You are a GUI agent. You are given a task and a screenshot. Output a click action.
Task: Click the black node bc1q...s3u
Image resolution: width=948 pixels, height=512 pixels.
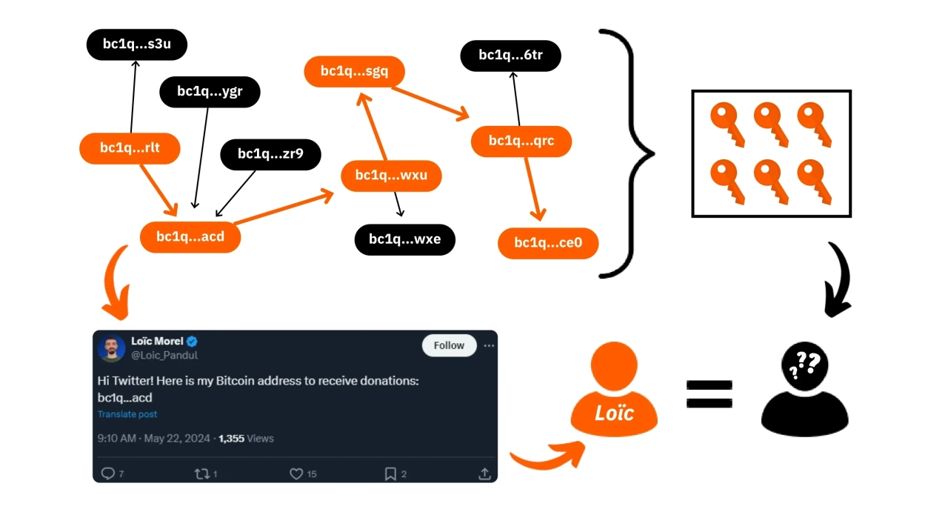pos(137,44)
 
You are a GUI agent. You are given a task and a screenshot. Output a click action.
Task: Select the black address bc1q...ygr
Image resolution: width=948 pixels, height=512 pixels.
pos(210,91)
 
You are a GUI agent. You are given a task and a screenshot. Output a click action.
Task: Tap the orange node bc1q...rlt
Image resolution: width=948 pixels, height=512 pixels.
pos(130,148)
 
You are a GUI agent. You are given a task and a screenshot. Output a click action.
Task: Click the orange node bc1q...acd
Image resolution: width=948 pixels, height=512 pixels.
pos(190,237)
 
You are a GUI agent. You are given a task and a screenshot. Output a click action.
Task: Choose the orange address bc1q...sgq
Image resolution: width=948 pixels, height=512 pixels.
pos(354,71)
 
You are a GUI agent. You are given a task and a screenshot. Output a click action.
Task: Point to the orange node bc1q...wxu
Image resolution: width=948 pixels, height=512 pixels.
pos(391,176)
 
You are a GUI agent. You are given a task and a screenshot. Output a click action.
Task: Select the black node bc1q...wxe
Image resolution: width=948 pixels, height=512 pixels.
pos(404,239)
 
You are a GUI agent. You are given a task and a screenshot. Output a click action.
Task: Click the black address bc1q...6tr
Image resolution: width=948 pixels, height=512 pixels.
pos(510,55)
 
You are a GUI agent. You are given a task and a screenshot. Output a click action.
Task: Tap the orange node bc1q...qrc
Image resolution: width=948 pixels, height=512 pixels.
pos(521,141)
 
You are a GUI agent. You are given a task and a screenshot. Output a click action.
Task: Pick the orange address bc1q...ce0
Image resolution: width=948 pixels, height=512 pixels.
pos(547,243)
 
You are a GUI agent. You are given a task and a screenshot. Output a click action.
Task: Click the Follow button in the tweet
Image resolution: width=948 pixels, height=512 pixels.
pos(449,345)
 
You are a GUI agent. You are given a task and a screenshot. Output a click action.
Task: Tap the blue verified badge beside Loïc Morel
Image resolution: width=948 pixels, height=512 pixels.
pos(192,342)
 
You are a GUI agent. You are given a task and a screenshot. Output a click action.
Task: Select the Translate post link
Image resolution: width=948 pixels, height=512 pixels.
pos(127,414)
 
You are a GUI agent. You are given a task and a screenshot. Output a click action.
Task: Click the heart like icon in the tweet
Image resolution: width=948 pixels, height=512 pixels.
pos(296,473)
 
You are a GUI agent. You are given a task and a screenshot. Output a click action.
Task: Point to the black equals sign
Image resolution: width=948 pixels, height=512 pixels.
pos(709,394)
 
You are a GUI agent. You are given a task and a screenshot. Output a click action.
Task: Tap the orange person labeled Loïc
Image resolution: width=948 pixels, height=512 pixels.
pos(615,393)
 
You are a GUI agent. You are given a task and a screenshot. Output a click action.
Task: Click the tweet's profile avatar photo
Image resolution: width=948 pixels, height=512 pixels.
pos(112,348)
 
